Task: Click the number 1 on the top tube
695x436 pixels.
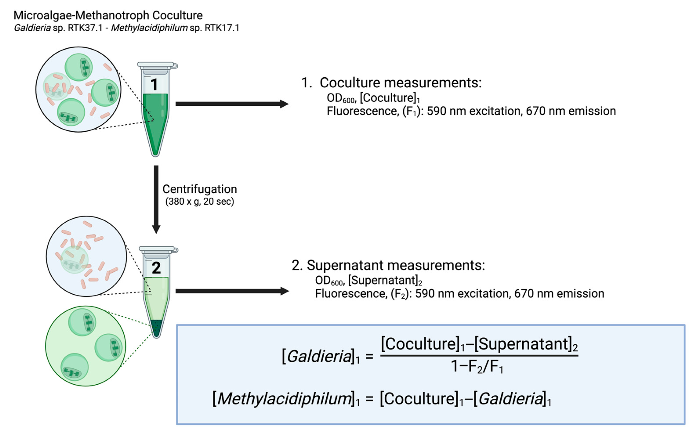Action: point(154,84)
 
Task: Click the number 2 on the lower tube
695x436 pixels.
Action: point(156,268)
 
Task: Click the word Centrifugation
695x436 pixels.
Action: point(200,189)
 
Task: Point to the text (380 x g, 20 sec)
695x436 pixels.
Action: point(200,201)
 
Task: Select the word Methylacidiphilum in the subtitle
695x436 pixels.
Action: point(149,28)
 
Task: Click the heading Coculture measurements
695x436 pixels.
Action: point(400,83)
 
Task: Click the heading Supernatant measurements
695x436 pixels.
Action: point(396,265)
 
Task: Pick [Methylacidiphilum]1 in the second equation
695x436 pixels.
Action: point(286,399)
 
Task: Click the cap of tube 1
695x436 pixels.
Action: point(156,65)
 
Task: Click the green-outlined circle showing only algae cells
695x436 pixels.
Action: point(85,346)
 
